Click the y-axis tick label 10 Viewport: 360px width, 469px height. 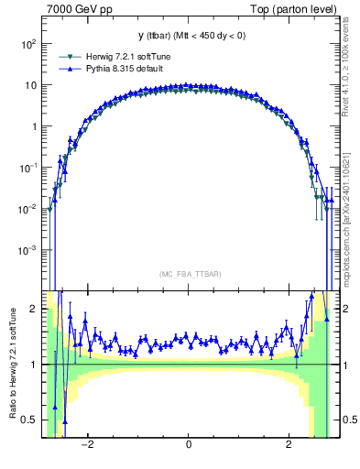29,85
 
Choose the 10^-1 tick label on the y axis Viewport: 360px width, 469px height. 27,168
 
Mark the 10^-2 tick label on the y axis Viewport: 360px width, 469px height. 27,209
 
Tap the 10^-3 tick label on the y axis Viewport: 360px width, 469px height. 27,250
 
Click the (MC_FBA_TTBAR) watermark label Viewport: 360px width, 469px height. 188,274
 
